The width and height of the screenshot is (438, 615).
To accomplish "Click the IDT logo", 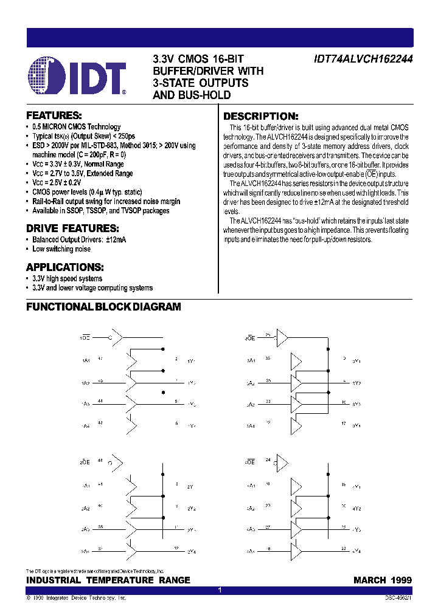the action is (77, 78).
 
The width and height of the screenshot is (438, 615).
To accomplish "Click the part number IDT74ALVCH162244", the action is (363, 60).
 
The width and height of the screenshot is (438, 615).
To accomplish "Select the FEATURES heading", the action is (54, 115).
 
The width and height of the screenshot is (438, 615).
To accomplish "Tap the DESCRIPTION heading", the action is (260, 116).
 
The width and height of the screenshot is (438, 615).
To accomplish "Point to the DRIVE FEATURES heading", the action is (72, 228).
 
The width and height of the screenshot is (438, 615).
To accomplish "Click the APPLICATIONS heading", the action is (64, 267).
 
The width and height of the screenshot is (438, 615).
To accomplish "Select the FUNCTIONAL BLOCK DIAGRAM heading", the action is (103, 307).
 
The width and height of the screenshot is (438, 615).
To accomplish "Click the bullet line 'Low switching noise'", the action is (61, 249).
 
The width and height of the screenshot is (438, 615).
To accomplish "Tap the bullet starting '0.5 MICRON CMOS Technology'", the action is (77, 127).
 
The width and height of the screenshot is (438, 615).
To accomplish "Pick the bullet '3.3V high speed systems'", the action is (67, 279).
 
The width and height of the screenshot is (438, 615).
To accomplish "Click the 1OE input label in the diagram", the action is (86, 336).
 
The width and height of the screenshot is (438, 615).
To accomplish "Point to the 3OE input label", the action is (250, 336).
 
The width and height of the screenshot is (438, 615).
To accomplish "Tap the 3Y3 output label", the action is (356, 404).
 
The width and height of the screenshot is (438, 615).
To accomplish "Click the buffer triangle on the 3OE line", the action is (281, 337).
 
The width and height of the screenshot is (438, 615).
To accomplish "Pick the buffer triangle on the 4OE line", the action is (281, 465).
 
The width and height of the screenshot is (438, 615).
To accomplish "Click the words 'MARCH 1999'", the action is (382, 580).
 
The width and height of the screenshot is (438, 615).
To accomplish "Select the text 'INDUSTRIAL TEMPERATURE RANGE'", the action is (108, 580).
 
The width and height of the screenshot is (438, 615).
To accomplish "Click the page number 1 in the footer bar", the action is (219, 591).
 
